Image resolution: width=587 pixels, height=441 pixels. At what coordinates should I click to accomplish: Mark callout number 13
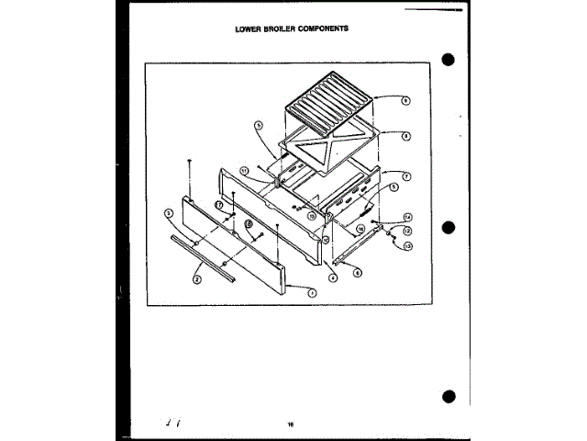coord(407,246)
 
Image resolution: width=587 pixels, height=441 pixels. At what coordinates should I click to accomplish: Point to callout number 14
coord(407,217)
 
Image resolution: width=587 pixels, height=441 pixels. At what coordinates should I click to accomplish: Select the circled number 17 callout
coord(219,204)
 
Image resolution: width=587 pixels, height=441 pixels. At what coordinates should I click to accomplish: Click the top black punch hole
coord(449,61)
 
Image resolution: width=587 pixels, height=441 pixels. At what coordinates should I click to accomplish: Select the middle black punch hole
coord(449,228)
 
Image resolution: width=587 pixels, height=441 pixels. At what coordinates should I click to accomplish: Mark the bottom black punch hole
coord(449,396)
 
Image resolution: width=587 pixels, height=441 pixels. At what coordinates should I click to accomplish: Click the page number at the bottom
coord(289,424)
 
